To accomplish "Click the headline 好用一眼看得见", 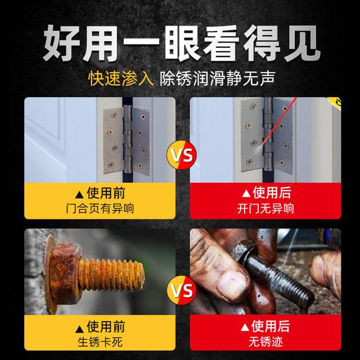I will click(x=180, y=42).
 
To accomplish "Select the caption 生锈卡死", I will click(x=100, y=341).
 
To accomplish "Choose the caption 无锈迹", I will click(x=265, y=341).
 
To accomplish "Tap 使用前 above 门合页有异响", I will click(x=100, y=193).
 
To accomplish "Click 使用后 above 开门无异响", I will click(x=265, y=193).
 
